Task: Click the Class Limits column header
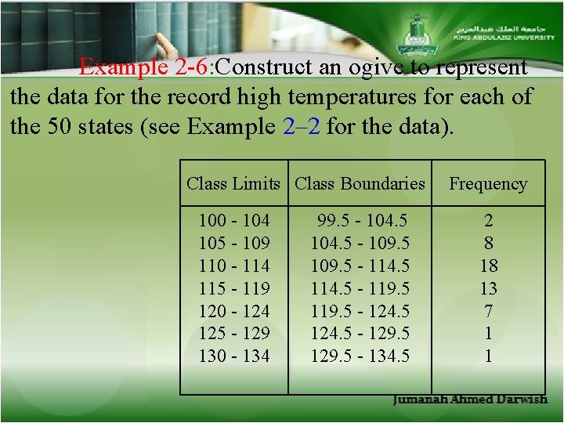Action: (233, 184)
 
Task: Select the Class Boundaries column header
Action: (360, 184)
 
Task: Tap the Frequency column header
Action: (488, 184)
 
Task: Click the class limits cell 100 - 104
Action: (233, 221)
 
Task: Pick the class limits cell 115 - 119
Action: (233, 288)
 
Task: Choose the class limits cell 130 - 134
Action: (233, 356)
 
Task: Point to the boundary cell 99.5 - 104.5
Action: (360, 221)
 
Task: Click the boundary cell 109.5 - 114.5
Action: (360, 266)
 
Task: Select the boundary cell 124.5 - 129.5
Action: (360, 333)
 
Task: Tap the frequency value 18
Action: (488, 266)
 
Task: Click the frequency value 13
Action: (488, 288)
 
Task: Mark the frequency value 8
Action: (488, 243)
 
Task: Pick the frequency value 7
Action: (488, 311)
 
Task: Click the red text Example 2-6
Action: (144, 67)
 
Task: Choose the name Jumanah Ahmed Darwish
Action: (469, 399)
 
